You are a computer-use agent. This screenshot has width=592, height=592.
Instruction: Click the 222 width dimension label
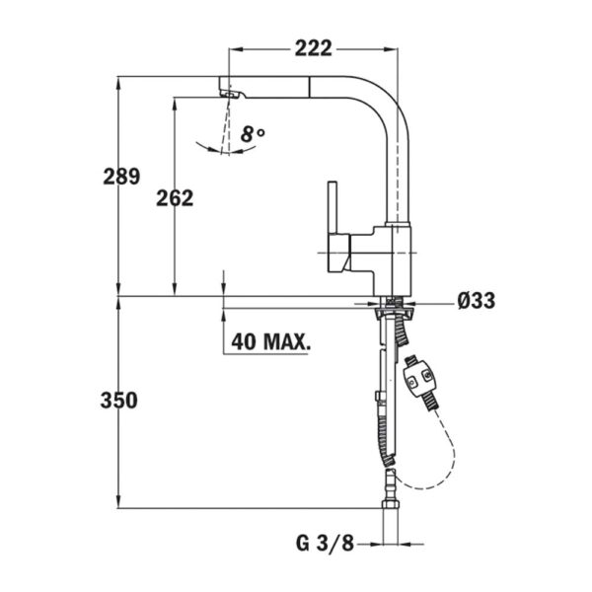(x=312, y=46)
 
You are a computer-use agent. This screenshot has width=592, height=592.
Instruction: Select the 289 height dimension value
(x=121, y=178)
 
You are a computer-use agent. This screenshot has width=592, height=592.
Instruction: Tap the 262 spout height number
(x=174, y=197)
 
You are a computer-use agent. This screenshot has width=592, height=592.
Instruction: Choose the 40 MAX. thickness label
(x=269, y=342)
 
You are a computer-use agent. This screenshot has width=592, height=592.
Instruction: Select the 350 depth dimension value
(x=121, y=401)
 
